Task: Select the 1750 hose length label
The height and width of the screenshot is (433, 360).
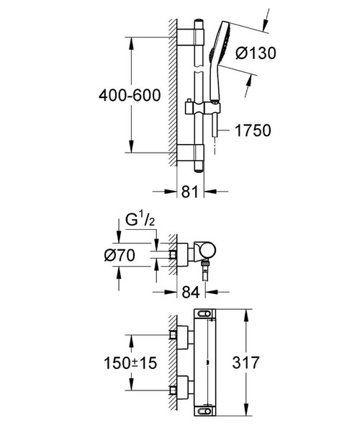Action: tap(253, 130)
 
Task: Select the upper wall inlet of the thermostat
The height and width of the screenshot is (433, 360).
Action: tap(180, 334)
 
